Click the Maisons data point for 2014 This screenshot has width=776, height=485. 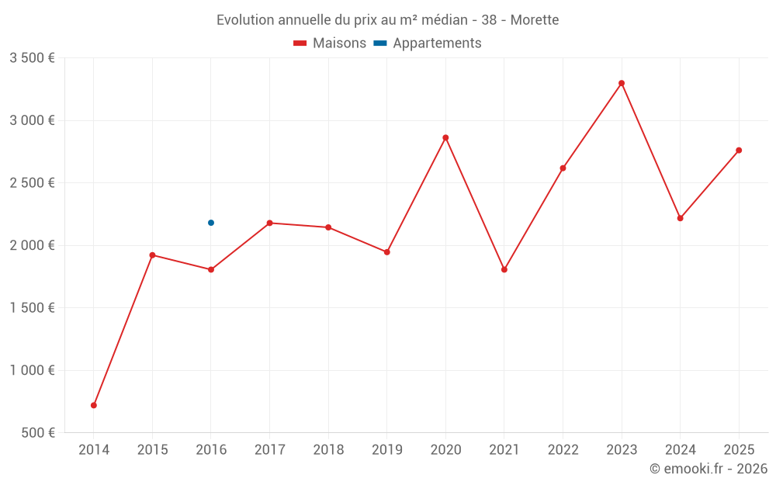pyautogui.click(x=94, y=405)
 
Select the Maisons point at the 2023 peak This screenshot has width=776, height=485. pyautogui.click(x=622, y=83)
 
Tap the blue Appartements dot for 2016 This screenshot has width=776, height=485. pyautogui.click(x=211, y=223)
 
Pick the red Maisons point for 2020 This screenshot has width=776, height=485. pyautogui.click(x=445, y=137)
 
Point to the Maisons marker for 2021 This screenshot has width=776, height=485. pyautogui.click(x=504, y=269)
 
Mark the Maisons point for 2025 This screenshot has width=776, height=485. pyautogui.click(x=739, y=150)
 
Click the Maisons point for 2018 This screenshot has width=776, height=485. pyautogui.click(x=328, y=227)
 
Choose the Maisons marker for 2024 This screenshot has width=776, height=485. pyautogui.click(x=680, y=218)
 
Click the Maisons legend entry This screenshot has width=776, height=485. pyautogui.click(x=330, y=43)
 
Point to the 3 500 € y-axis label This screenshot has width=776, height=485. pyautogui.click(x=32, y=58)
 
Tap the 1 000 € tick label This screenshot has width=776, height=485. pyautogui.click(x=32, y=370)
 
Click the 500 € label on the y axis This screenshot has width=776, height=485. pyautogui.click(x=37, y=432)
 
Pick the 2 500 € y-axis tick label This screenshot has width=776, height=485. pyautogui.click(x=32, y=183)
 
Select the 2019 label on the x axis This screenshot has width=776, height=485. pyautogui.click(x=387, y=450)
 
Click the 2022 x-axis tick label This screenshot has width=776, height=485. pyautogui.click(x=563, y=450)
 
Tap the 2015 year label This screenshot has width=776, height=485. pyautogui.click(x=152, y=450)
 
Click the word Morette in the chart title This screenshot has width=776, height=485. pyautogui.click(x=535, y=20)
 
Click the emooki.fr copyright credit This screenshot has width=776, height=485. pyautogui.click(x=708, y=469)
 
